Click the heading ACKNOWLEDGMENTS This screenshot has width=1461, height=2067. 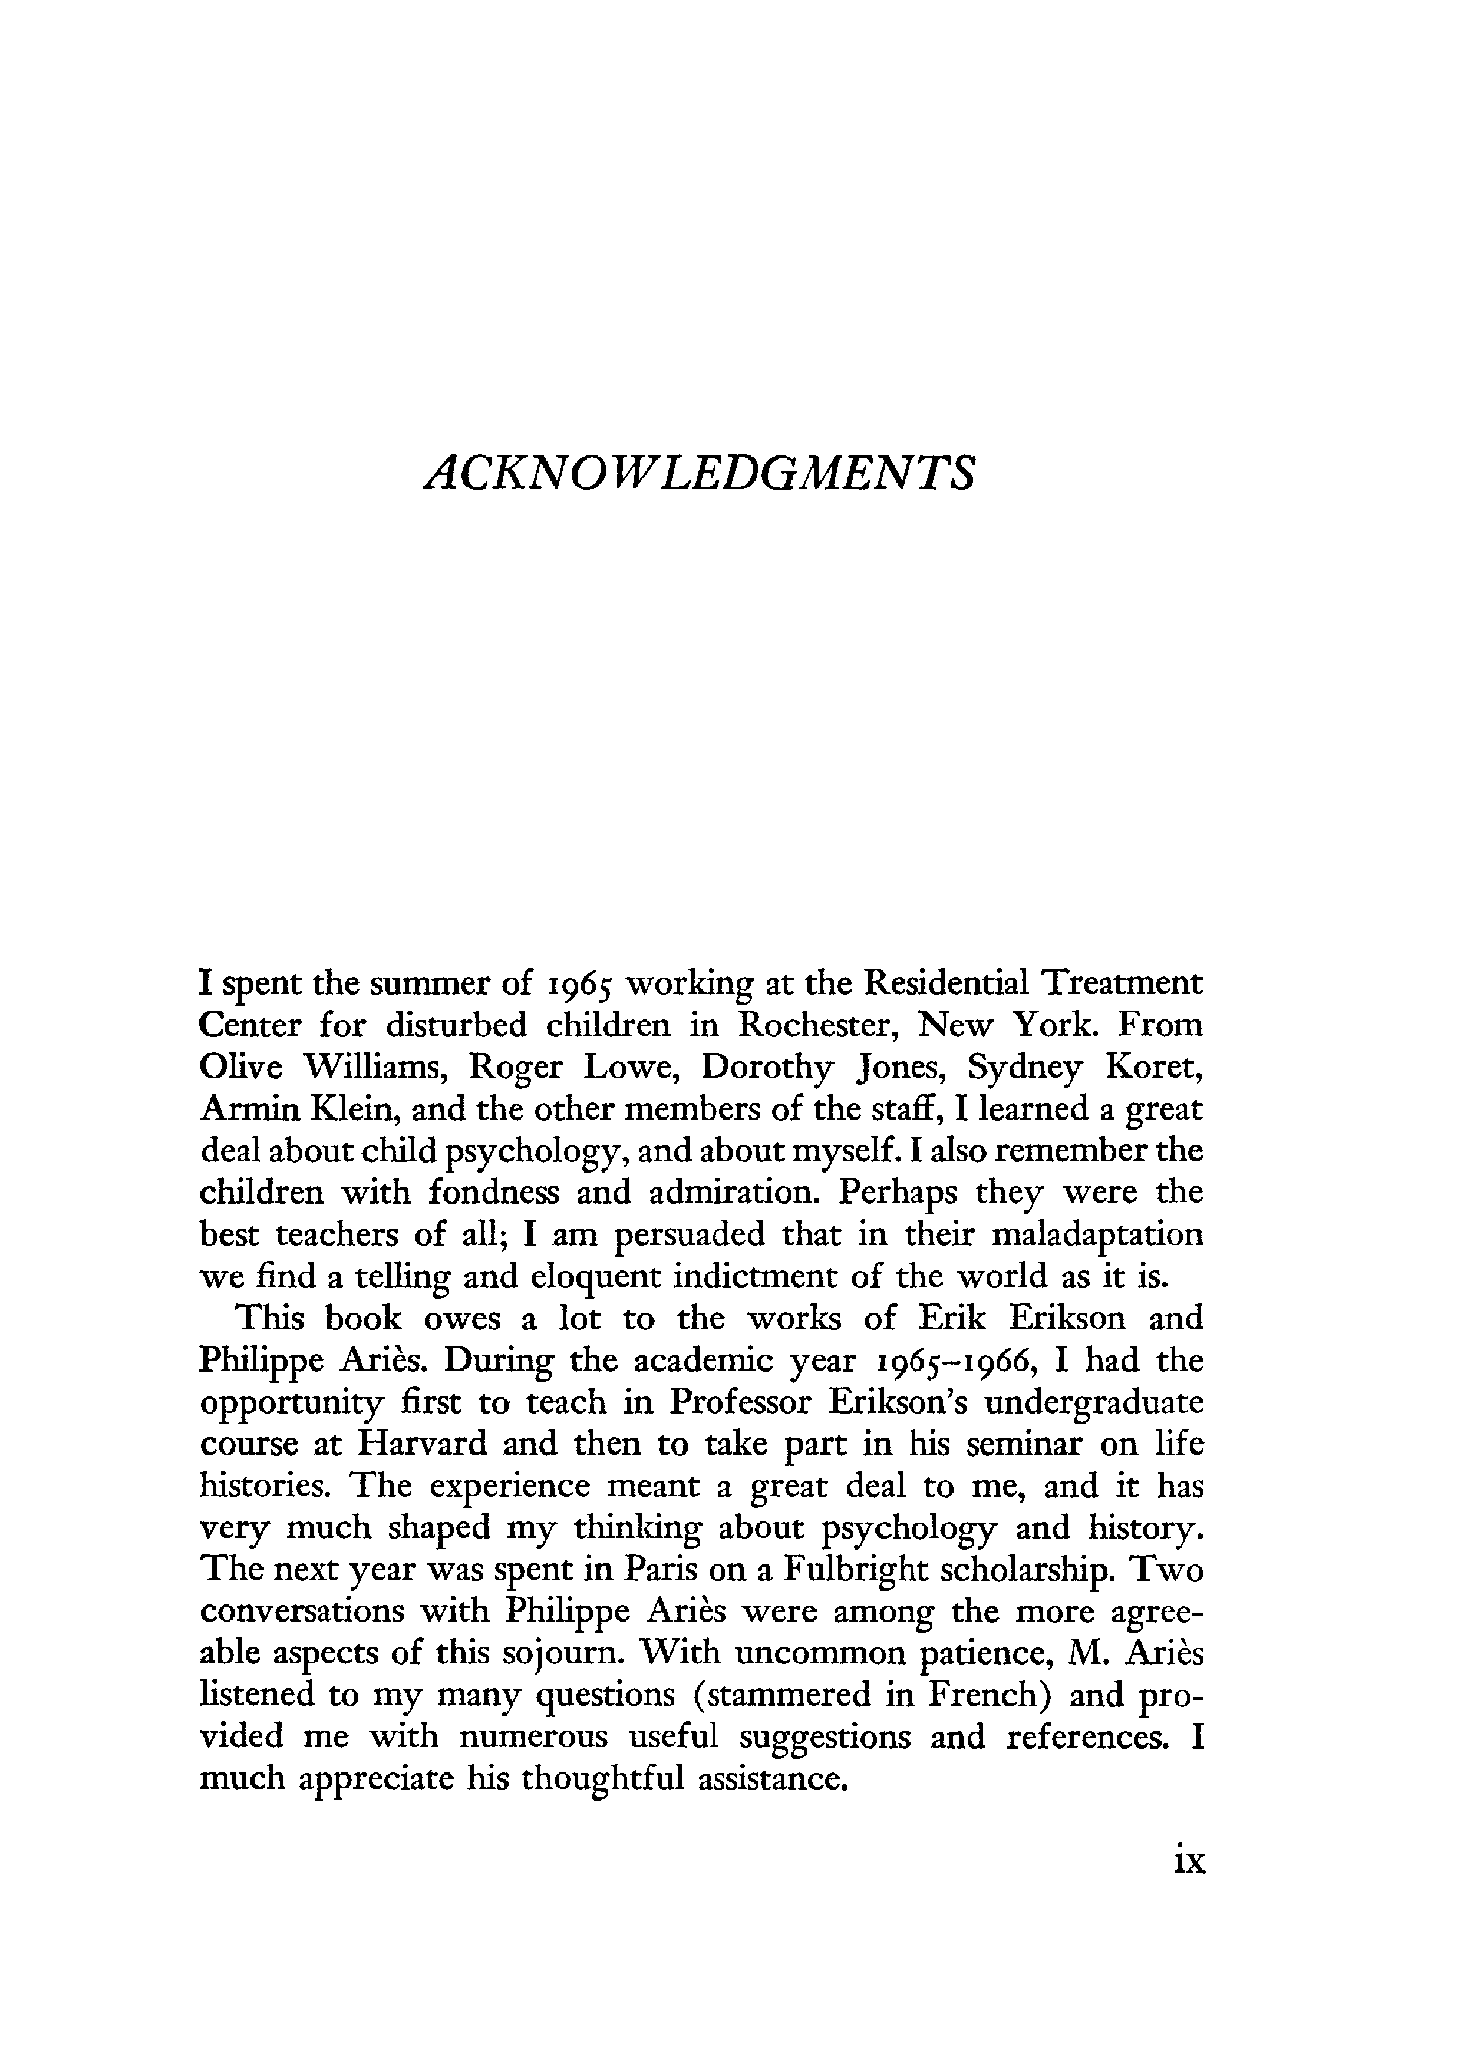[698, 473]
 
